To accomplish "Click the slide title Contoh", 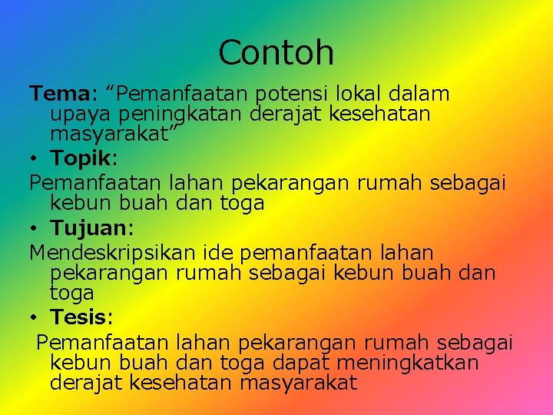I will click(x=276, y=53).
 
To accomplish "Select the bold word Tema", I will click(x=59, y=94).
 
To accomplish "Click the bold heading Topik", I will click(x=81, y=159).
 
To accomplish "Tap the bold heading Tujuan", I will click(x=86, y=228).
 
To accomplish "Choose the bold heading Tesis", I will click(x=79, y=316).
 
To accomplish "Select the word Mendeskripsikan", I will click(x=114, y=253).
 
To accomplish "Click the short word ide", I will click(x=220, y=252).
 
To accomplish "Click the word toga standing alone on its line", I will click(x=71, y=293).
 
